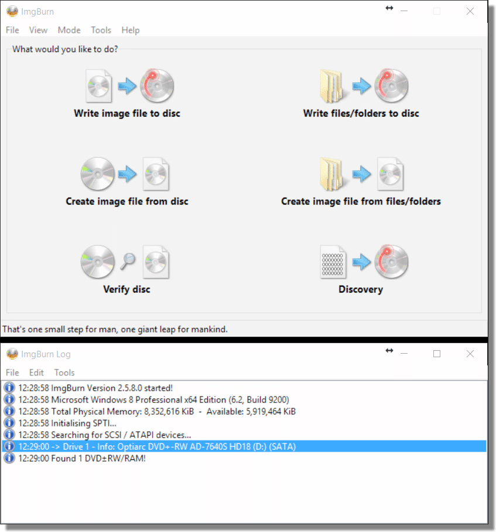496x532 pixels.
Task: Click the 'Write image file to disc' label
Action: [x=127, y=113]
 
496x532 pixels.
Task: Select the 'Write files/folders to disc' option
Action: [x=361, y=113]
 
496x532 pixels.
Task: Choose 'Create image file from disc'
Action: [x=127, y=201]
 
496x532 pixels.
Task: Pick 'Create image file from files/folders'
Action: [x=361, y=201]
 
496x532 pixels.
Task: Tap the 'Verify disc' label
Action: [x=126, y=289]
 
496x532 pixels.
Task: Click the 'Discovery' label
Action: [x=361, y=289]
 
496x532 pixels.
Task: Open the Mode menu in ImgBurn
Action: [x=69, y=30]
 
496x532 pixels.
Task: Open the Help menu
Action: [x=131, y=30]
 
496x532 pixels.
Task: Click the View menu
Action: [x=38, y=30]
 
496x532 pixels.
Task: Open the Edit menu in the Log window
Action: [x=36, y=372]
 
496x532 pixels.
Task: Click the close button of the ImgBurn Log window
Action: [x=470, y=354]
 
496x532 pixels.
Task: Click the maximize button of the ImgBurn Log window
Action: [x=437, y=354]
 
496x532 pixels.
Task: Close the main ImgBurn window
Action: [x=470, y=11]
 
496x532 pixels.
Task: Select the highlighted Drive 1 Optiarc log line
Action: [x=157, y=446]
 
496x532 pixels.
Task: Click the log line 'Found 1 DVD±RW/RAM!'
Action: [x=82, y=458]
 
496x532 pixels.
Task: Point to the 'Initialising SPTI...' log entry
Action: [x=67, y=423]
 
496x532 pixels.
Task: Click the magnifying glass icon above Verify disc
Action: [x=128, y=261]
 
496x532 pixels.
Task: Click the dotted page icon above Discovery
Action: [x=333, y=262]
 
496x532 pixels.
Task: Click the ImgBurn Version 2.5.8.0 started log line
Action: [x=95, y=388]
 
